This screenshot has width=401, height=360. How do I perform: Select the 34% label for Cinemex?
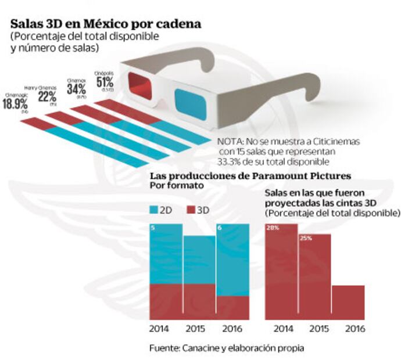(x=77, y=89)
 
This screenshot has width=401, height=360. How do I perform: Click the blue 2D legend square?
(x=154, y=209)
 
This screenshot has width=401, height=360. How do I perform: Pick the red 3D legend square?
(x=191, y=209)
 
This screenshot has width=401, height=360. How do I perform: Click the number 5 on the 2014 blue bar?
(x=153, y=228)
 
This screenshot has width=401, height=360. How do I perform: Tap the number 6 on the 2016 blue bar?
(x=220, y=228)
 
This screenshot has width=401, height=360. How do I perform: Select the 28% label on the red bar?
(x=273, y=228)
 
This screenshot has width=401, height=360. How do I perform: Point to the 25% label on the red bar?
(x=306, y=238)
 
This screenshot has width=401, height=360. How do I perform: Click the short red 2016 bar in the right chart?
(x=349, y=302)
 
